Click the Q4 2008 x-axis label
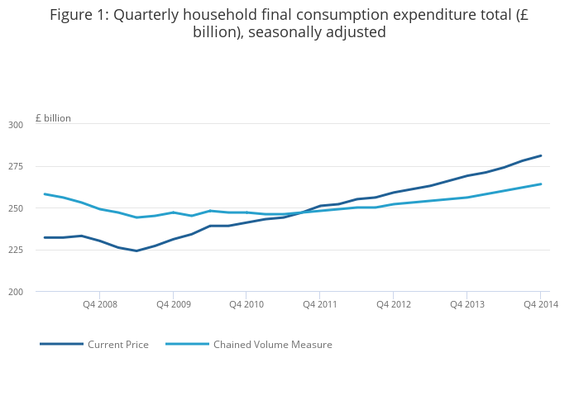pyautogui.click(x=99, y=304)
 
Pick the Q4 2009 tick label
pyautogui.click(x=173, y=304)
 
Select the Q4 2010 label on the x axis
pyautogui.click(x=246, y=304)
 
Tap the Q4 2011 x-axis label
pyautogui.click(x=319, y=304)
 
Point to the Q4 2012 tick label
pyautogui.click(x=393, y=304)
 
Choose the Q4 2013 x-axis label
pyautogui.click(x=467, y=304)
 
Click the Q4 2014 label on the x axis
pyautogui.click(x=540, y=304)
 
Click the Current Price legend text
pyautogui.click(x=118, y=345)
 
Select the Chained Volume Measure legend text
pyautogui.click(x=272, y=345)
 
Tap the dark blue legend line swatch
pyautogui.click(x=61, y=344)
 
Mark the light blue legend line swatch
pyautogui.click(x=187, y=344)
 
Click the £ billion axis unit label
pyautogui.click(x=53, y=118)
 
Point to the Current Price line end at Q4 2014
pyautogui.click(x=541, y=155)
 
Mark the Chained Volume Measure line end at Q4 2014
pyautogui.click(x=541, y=184)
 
